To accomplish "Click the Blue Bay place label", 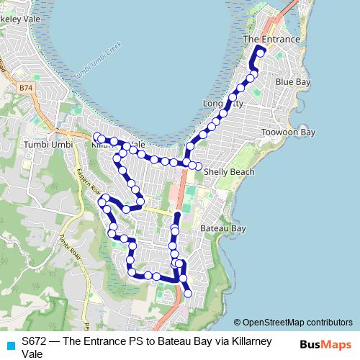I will [292, 82].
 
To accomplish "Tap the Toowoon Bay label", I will [288, 132].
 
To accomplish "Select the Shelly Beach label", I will [229, 172].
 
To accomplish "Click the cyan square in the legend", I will [10, 345].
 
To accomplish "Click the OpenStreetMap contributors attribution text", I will [297, 323].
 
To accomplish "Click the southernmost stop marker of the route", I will [188, 293].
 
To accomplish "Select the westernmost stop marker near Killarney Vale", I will [97, 137].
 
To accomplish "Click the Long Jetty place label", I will [223, 104].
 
